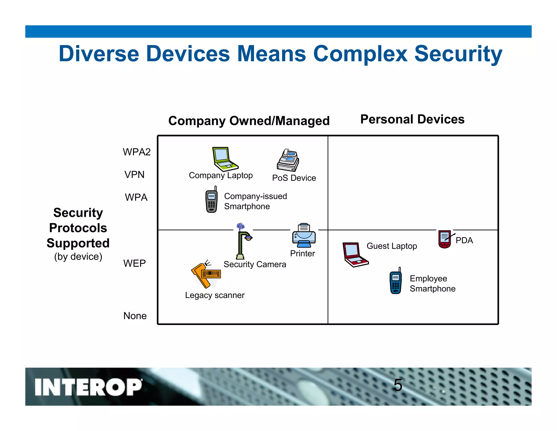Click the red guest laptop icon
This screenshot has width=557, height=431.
354,255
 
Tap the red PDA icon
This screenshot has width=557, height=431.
445,239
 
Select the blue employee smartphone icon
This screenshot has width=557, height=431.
396,281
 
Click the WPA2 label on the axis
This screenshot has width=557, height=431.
137,152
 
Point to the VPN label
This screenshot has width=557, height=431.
134,175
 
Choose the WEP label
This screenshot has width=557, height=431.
134,263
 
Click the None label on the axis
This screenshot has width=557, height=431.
135,316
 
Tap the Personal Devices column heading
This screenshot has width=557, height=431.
412,119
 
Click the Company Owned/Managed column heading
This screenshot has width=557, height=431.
249,121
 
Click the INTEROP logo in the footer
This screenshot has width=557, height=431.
88,387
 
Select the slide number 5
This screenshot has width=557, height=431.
398,385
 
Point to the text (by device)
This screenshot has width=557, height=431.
78,257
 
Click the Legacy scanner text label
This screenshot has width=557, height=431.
215,295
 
